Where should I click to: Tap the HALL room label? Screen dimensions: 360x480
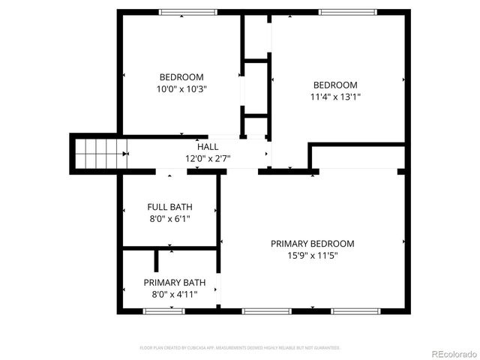[208, 146]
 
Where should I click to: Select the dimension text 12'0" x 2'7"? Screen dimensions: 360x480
[208, 158]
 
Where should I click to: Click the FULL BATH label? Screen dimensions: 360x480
[169, 207]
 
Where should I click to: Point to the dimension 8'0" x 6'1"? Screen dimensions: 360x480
[169, 219]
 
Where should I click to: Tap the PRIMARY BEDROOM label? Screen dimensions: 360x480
[313, 244]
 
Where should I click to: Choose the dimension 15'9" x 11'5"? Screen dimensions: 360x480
[313, 256]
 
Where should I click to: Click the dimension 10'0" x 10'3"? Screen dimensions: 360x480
[181, 88]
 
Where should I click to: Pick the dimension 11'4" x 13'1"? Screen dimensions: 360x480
[335, 97]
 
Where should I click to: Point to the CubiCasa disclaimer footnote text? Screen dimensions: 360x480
[240, 348]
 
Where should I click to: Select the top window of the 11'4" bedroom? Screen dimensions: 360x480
[347, 12]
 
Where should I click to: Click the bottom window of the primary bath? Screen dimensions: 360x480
[164, 310]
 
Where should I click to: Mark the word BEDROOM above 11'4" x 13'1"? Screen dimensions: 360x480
[335, 85]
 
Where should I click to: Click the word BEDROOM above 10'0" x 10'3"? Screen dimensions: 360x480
[181, 76]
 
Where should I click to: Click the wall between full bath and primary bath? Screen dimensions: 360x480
[169, 247]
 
